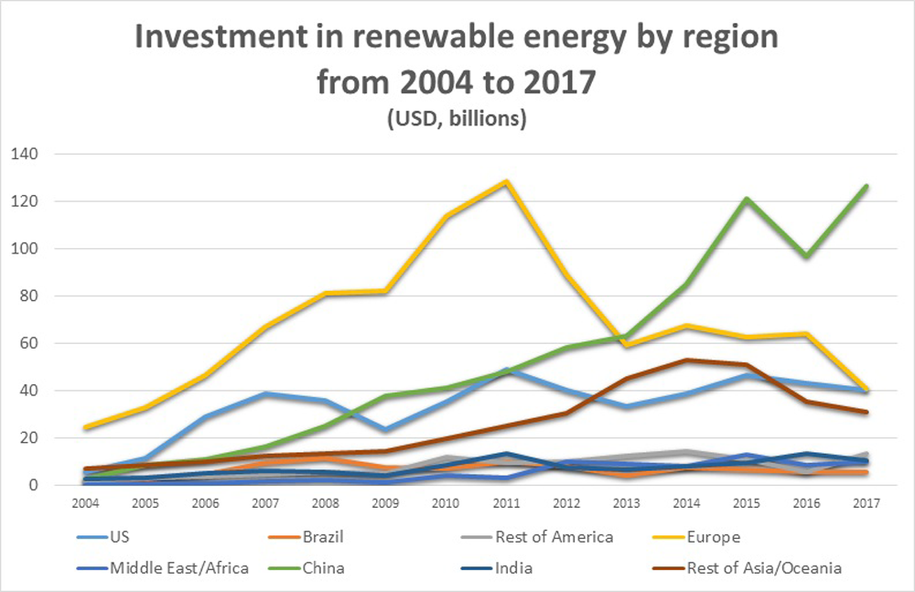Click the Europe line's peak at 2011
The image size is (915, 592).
coord(504,182)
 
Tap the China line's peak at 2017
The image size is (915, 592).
coord(866,187)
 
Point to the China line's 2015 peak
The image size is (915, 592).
coord(746,199)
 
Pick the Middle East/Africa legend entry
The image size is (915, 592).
coord(179,568)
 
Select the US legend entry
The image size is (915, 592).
coord(120,537)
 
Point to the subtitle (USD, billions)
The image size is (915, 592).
coord(456,120)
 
